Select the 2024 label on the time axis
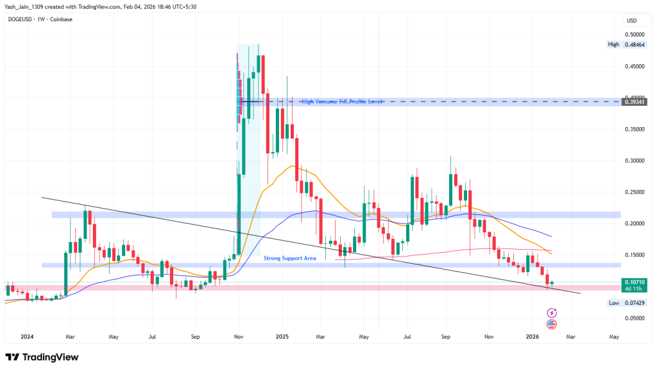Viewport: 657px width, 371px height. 27,336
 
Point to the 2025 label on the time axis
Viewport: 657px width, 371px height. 283,336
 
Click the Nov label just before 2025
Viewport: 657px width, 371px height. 239,336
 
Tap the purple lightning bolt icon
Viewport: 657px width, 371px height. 552,313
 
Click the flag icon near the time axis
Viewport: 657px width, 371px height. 552,325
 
